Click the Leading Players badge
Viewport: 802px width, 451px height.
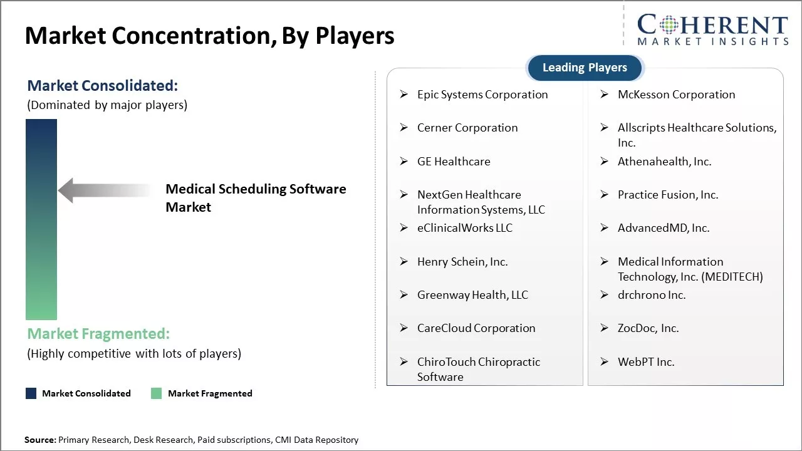585,68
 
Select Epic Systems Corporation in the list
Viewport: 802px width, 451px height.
482,95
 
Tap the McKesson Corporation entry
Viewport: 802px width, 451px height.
676,95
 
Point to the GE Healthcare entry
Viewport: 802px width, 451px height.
454,162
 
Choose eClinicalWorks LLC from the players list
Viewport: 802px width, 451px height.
465,228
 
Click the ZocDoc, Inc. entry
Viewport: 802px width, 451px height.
648,328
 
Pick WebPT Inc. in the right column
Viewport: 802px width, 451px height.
646,362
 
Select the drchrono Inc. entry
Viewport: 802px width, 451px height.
652,295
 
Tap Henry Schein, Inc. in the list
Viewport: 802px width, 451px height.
462,262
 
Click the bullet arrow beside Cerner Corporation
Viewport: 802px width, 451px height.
404,127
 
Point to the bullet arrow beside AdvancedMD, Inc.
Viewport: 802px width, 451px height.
605,227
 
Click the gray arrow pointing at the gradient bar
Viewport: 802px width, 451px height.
105,190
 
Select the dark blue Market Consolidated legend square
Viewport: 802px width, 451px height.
31,393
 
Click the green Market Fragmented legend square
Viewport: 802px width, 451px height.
157,393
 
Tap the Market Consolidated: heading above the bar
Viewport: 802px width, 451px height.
102,86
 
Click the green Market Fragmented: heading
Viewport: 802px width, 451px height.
98,334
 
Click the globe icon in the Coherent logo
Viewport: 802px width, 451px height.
669,24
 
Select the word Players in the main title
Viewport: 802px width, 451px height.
355,36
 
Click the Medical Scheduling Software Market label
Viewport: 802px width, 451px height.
256,198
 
